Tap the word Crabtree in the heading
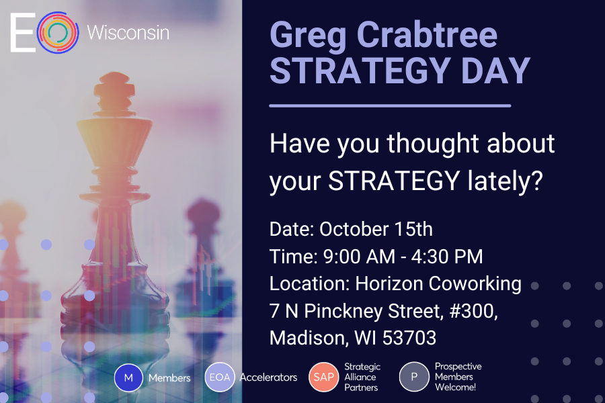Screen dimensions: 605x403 (x=428, y=34)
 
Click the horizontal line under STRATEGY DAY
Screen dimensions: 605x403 (x=390, y=105)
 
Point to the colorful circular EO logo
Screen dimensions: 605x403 (x=58, y=32)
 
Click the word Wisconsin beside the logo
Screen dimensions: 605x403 (x=128, y=32)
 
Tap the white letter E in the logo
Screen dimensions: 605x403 (x=22, y=32)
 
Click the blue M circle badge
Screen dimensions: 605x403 (x=128, y=377)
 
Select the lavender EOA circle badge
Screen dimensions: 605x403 (x=220, y=377)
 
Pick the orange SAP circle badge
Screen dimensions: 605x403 (x=324, y=377)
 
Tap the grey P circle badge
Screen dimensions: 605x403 (x=414, y=377)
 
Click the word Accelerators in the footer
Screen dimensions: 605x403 (x=268, y=377)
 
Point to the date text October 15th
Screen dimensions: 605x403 (x=376, y=229)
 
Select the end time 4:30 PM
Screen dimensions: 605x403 (x=447, y=257)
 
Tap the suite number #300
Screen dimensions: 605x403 (x=473, y=311)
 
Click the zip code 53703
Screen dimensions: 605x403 (x=409, y=338)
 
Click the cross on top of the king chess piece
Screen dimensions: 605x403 (x=114, y=85)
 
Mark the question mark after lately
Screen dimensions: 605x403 (x=536, y=180)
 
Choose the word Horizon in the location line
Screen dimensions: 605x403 (x=389, y=283)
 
